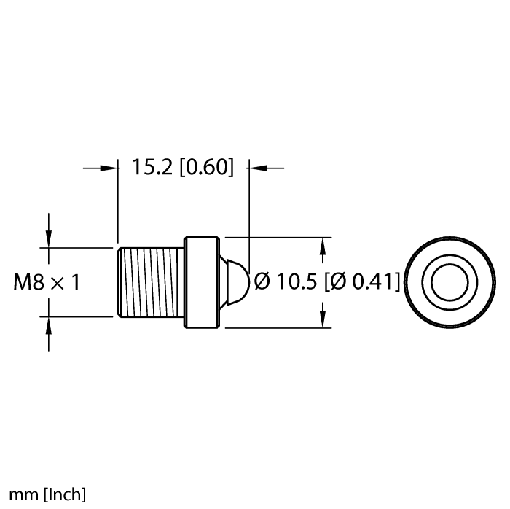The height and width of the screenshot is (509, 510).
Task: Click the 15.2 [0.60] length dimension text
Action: (182, 168)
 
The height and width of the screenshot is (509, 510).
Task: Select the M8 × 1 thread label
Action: (47, 282)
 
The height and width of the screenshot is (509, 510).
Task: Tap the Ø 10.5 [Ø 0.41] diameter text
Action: (327, 281)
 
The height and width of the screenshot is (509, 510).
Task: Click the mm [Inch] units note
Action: (44, 494)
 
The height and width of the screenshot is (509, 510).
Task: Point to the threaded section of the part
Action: (150, 282)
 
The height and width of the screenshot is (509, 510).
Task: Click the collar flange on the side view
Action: (201, 282)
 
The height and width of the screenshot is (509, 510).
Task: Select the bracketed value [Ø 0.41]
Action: (363, 281)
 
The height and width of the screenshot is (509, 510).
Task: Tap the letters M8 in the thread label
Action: (30, 282)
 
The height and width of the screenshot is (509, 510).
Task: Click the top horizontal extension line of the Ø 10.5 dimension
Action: (277, 237)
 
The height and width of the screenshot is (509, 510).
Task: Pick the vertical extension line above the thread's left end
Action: (118, 204)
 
